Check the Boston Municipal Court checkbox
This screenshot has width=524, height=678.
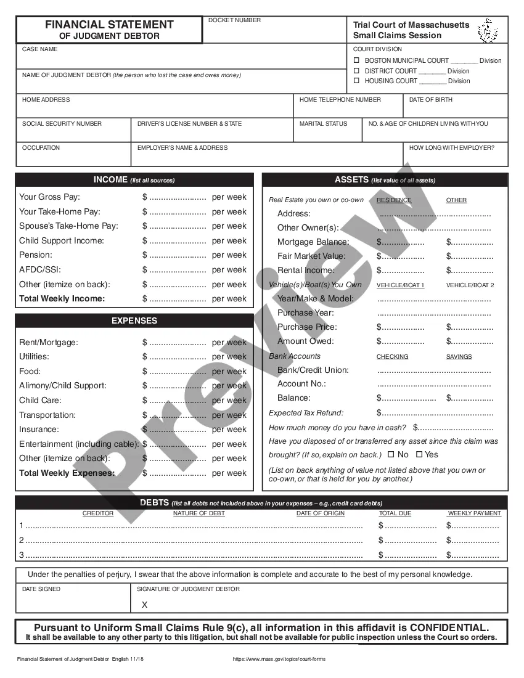click(x=356, y=60)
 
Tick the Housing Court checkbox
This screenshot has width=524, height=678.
click(x=356, y=81)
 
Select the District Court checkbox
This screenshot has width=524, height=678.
click(x=356, y=71)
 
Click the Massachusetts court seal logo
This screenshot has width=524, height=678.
click(x=488, y=30)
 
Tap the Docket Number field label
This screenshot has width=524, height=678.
click(x=234, y=20)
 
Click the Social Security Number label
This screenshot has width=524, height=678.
click(x=62, y=124)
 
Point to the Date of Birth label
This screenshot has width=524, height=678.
click(x=431, y=99)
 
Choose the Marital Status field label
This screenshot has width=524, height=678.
click(x=323, y=124)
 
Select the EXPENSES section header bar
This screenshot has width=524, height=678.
click(x=134, y=321)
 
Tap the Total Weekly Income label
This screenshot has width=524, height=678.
click(x=62, y=299)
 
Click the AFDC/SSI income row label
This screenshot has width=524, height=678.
click(x=40, y=270)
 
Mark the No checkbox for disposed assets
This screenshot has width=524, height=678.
click(x=391, y=455)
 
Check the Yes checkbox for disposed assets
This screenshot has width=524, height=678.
click(x=419, y=455)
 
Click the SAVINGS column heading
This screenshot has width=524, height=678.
click(x=459, y=357)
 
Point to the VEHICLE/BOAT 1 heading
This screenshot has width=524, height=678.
click(x=400, y=285)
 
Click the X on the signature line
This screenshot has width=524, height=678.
click(x=144, y=605)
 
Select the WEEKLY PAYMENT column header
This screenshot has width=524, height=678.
click(x=474, y=513)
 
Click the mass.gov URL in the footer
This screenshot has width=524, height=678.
click(x=279, y=659)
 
